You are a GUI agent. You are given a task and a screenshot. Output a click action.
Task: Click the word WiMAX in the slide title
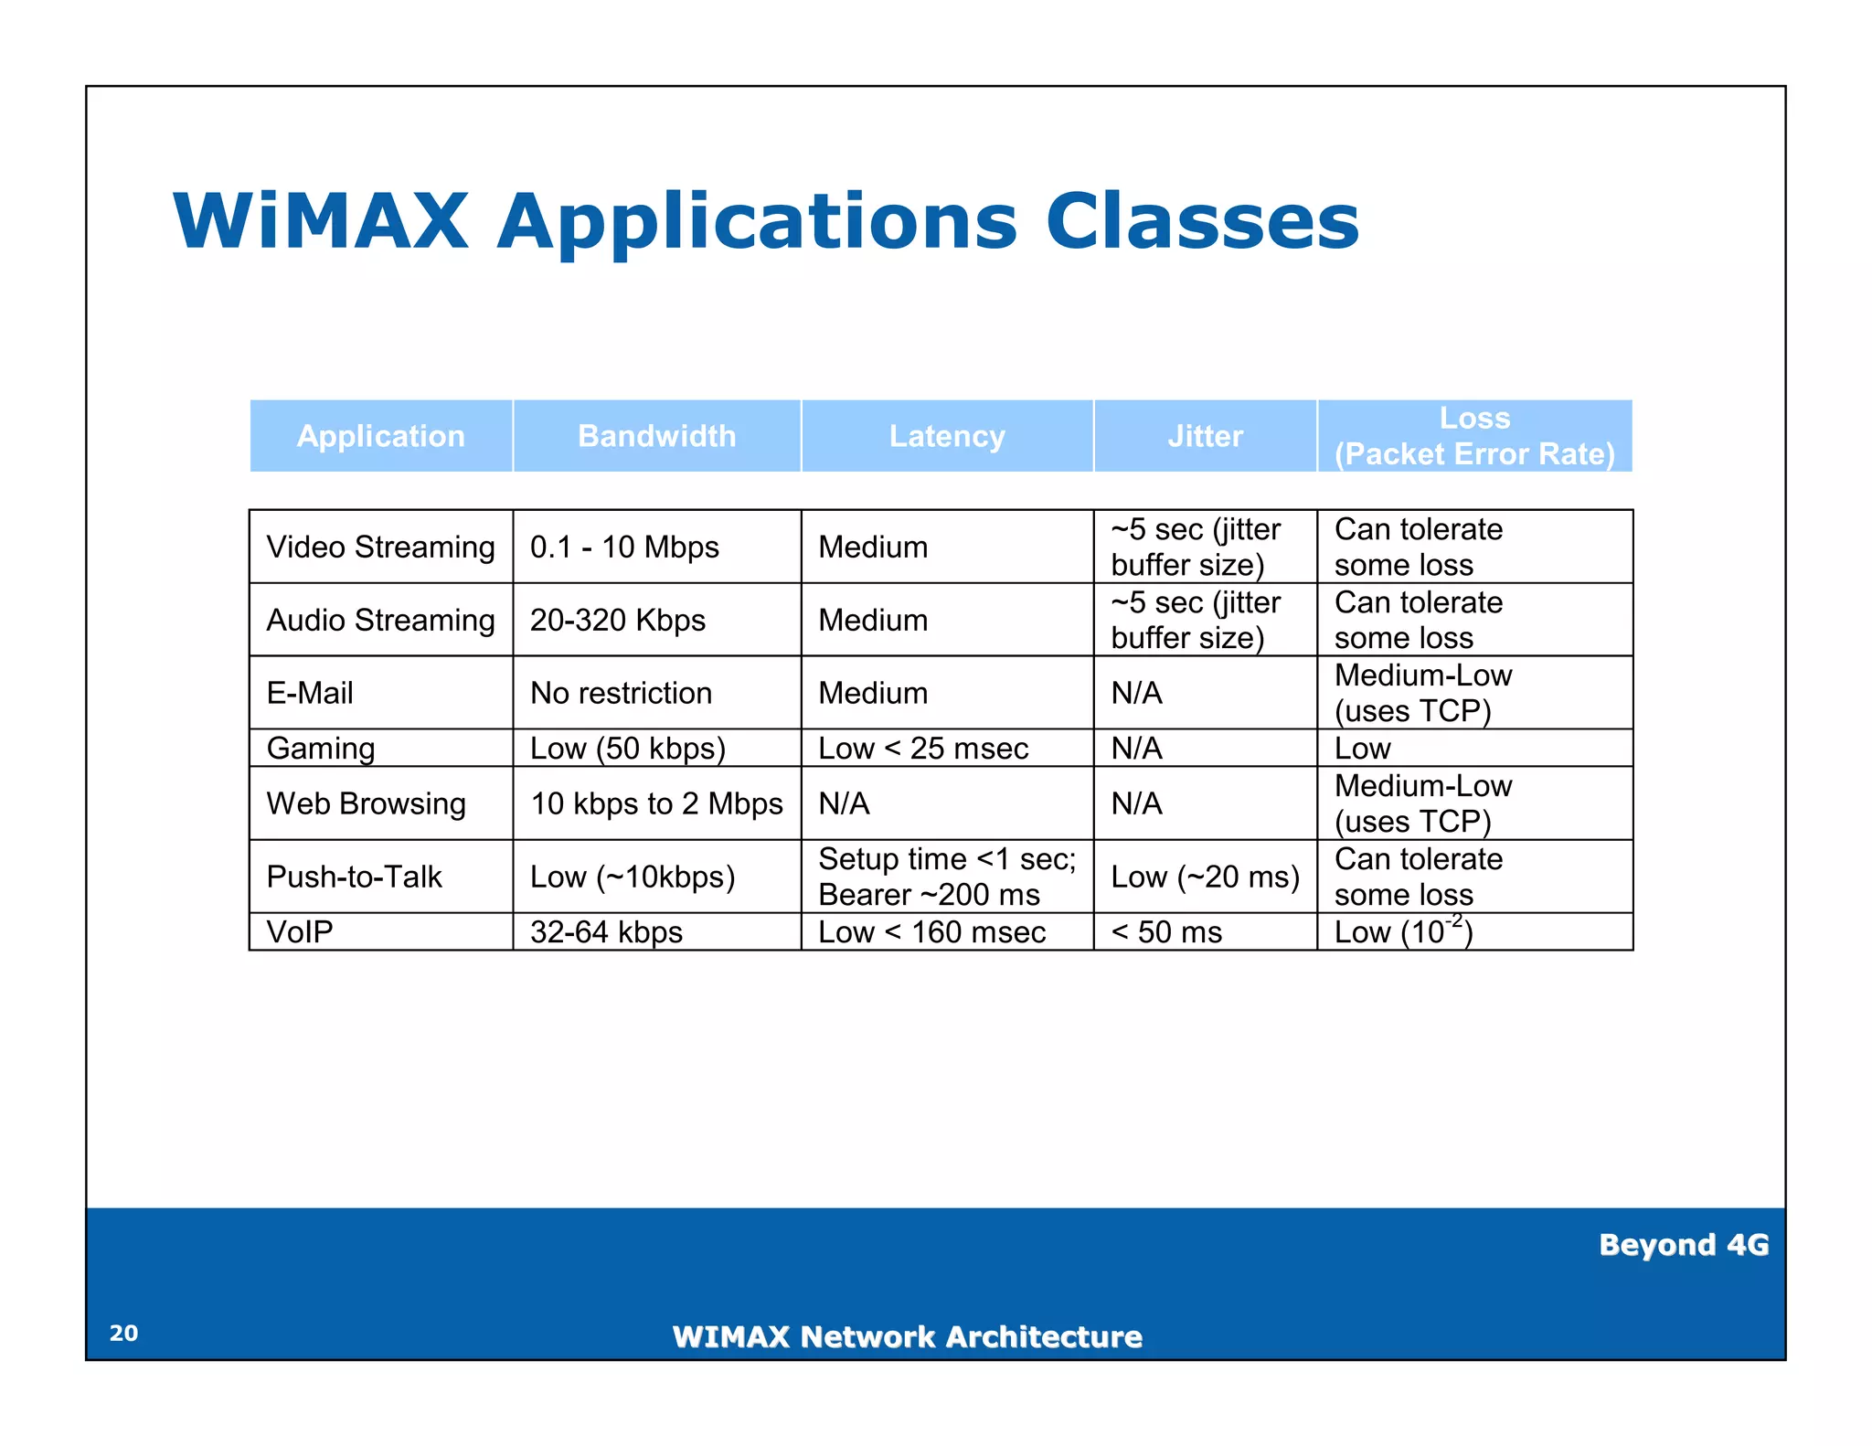pyautogui.click(x=321, y=222)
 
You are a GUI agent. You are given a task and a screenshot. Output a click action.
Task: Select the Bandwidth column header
pyautogui.click(x=656, y=436)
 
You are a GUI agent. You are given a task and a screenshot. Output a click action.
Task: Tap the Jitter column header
pyautogui.click(x=1205, y=436)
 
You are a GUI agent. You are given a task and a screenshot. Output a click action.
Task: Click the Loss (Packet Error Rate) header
pyautogui.click(x=1473, y=436)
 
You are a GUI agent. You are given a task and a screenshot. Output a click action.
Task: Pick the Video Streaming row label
pyautogui.click(x=380, y=547)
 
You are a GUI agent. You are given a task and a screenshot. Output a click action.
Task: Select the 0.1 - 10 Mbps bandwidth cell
pyautogui.click(x=624, y=547)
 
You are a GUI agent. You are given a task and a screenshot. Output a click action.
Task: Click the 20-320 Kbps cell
pyautogui.click(x=618, y=620)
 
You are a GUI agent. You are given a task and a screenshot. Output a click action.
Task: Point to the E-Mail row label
pyautogui.click(x=310, y=693)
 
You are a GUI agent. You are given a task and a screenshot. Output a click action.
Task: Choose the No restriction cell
pyautogui.click(x=621, y=693)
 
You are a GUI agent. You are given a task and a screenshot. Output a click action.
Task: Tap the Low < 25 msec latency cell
pyautogui.click(x=923, y=749)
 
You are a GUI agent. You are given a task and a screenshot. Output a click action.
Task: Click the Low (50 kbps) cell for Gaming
pyautogui.click(x=628, y=749)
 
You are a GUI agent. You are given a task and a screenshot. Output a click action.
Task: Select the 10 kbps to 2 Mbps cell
pyautogui.click(x=656, y=803)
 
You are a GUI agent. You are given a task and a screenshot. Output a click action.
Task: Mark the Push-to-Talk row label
pyautogui.click(x=354, y=877)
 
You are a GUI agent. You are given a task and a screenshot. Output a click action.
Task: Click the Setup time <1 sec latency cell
pyautogui.click(x=947, y=876)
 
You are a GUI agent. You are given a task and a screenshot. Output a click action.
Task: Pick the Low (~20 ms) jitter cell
pyautogui.click(x=1205, y=877)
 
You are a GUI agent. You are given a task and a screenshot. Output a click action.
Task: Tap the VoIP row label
pyautogui.click(x=300, y=932)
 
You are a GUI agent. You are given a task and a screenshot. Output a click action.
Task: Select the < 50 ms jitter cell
pyautogui.click(x=1166, y=932)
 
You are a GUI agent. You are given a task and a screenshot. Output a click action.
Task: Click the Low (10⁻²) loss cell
pyautogui.click(x=1403, y=931)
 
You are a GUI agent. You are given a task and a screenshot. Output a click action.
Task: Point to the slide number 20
pyautogui.click(x=123, y=1333)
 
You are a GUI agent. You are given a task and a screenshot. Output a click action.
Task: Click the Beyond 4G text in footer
pyautogui.click(x=1683, y=1245)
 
